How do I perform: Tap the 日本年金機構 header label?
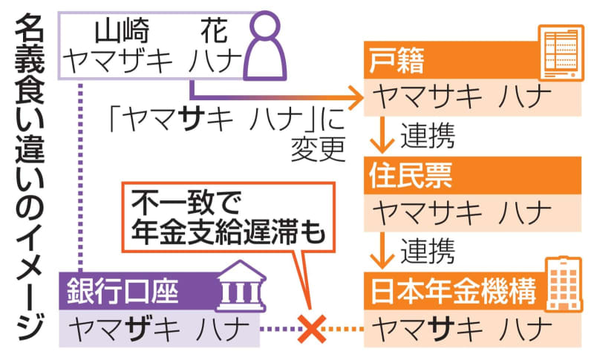pyautogui.click(x=453, y=290)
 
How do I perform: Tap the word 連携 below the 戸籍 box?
pyautogui.click(x=428, y=135)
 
